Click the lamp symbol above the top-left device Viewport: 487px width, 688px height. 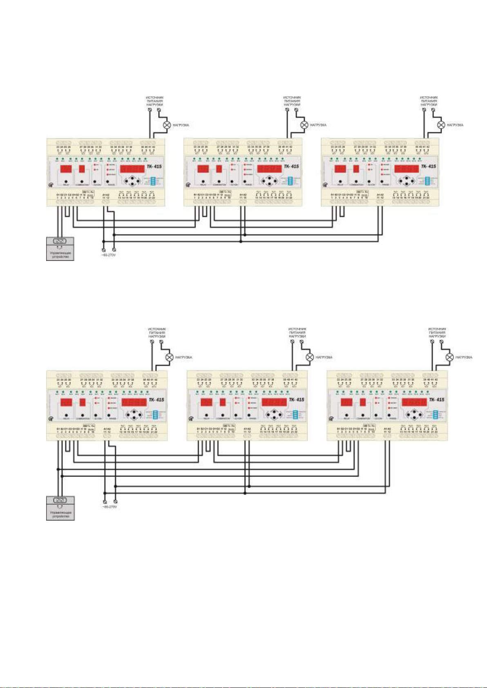click(x=167, y=125)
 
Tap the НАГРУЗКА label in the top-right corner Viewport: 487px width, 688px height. click(x=455, y=125)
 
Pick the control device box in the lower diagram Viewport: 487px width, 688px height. click(x=60, y=508)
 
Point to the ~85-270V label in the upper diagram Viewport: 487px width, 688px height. click(x=108, y=255)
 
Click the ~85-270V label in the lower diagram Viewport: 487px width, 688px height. click(x=109, y=507)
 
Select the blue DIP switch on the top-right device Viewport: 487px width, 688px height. click(x=427, y=181)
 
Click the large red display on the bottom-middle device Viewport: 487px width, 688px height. click(x=274, y=402)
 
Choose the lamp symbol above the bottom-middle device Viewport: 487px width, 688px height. click(x=310, y=357)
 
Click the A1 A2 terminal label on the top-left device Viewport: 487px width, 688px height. click(x=105, y=195)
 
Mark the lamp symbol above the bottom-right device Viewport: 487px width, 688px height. click(x=449, y=357)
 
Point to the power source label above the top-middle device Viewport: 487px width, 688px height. click(x=292, y=101)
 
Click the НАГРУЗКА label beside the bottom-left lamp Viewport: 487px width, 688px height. click(x=184, y=357)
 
